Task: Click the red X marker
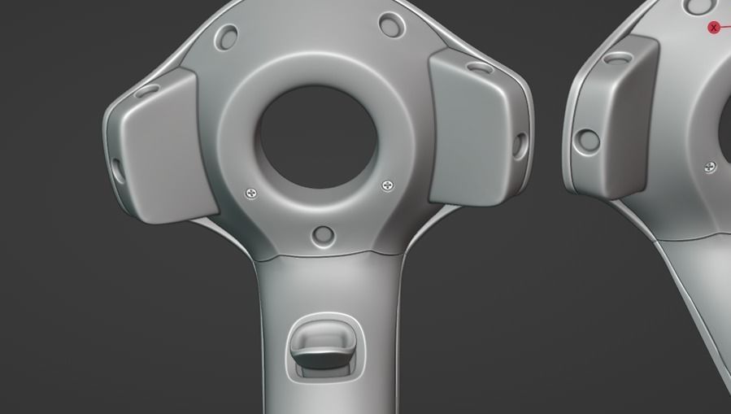point(714,28)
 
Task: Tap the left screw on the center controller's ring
point(251,194)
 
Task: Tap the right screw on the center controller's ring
point(388,186)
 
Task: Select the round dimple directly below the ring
point(323,235)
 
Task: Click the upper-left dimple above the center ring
point(227,36)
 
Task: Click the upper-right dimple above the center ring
point(391,26)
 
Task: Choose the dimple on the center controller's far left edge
point(117,168)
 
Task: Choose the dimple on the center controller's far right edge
point(518,146)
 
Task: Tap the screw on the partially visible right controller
point(710,167)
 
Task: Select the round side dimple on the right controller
point(586,141)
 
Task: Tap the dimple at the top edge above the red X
point(698,6)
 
